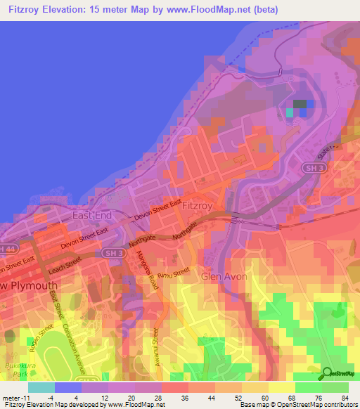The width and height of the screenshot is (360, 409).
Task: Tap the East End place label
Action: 93,215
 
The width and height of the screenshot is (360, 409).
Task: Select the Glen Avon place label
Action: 224,277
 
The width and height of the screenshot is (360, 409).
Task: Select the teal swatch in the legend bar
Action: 41,387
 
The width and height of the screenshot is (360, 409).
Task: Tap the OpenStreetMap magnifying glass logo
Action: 327,374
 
